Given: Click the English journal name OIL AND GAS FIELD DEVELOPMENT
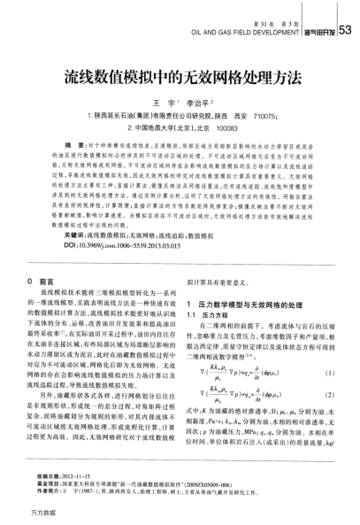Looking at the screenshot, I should (250, 35).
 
